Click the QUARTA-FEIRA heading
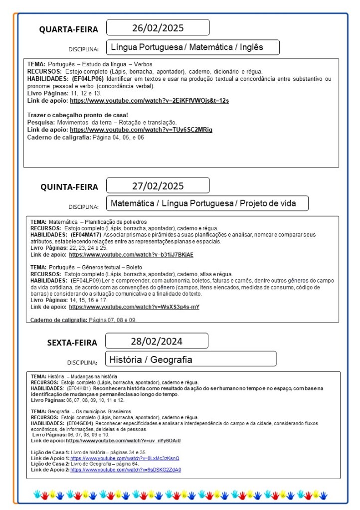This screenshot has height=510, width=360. click(69, 29)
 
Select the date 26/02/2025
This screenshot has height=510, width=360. click(158, 27)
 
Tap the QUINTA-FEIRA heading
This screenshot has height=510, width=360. click(69, 187)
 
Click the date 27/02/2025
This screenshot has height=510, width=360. click(158, 186)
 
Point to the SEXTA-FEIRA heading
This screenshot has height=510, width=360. click(72, 342)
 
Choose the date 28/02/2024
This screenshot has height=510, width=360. click(157, 341)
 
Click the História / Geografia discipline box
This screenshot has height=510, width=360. click(191, 359)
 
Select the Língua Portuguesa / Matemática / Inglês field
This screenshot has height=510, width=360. click(192, 47)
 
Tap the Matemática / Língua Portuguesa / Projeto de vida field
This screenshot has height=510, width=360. click(207, 203)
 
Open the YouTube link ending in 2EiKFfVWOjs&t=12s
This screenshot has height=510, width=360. click(149, 101)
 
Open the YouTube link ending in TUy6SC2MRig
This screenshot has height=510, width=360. click(141, 130)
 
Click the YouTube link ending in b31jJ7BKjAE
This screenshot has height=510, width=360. click(131, 255)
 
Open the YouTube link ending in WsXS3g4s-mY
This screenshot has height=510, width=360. click(134, 307)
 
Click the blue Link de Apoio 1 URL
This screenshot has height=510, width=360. click(125, 458)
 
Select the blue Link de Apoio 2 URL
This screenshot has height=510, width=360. click(126, 470)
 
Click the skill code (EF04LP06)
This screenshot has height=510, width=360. click(88, 79)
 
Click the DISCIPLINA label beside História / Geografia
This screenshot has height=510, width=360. click(82, 362)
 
